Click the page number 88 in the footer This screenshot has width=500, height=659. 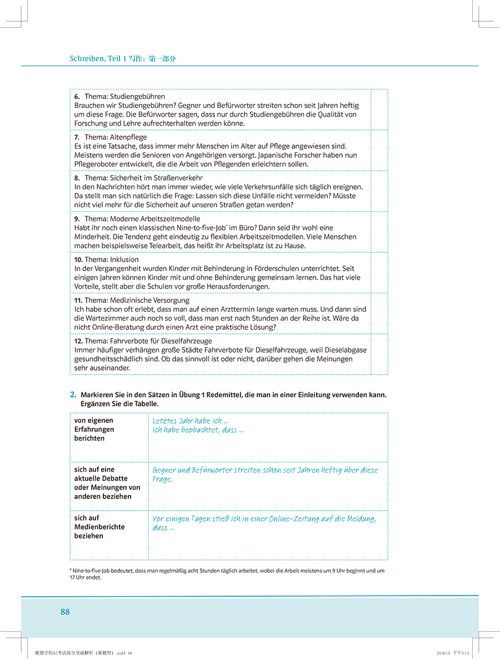65,612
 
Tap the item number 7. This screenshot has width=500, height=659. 77,137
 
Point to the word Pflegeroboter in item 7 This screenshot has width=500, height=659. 96,164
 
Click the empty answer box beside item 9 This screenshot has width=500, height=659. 379,232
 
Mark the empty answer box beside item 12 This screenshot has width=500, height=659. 379,354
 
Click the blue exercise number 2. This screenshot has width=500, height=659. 73,395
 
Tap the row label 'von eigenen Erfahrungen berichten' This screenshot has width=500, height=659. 94,430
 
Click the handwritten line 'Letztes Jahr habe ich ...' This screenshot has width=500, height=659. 191,421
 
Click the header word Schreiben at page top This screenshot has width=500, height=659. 86,58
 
